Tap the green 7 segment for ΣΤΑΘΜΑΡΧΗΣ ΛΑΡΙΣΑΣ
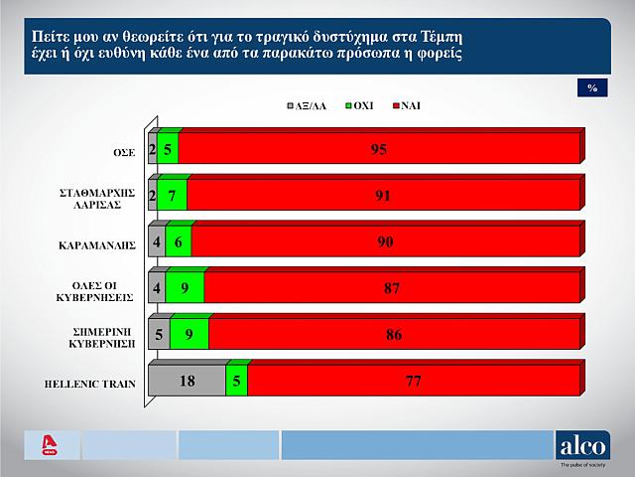173,196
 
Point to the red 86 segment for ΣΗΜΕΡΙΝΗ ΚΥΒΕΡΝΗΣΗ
394,336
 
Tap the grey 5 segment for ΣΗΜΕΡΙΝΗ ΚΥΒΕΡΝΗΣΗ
159,336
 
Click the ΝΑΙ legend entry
407,104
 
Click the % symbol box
591,88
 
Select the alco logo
582,444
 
